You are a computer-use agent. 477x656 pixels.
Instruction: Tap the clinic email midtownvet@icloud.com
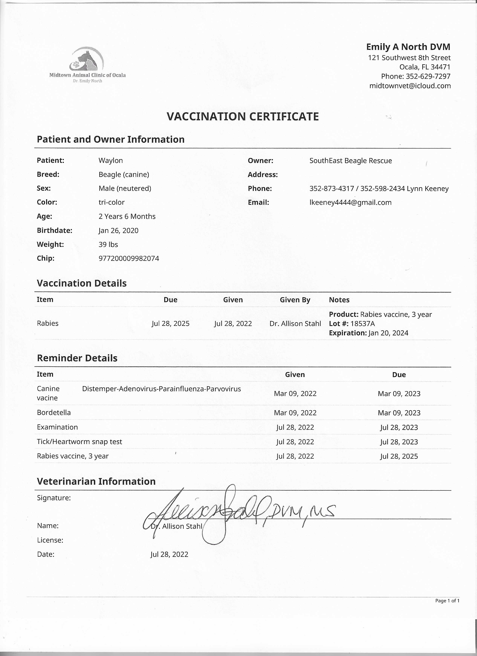coord(410,86)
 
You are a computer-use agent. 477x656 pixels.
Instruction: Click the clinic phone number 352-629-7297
coord(428,76)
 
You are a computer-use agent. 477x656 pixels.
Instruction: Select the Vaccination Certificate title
coord(243,117)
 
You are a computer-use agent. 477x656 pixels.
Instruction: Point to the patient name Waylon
coord(111,160)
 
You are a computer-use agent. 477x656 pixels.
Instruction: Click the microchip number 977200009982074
coord(129,258)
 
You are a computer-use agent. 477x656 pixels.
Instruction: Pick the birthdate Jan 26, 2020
coord(118,230)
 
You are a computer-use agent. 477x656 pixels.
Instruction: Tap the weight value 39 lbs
coord(108,244)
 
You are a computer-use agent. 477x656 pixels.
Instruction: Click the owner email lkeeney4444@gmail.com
coord(350,202)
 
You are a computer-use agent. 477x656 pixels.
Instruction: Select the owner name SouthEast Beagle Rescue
coord(351,161)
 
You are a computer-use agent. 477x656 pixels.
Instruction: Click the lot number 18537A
coord(363,324)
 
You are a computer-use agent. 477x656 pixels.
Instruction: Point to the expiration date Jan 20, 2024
coord(388,333)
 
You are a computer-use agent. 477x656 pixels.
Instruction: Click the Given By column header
coord(295,300)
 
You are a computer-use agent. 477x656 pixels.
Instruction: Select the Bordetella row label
coord(54,412)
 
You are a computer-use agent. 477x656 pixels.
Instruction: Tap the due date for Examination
coord(399,427)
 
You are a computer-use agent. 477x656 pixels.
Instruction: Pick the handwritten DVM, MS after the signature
coord(301,512)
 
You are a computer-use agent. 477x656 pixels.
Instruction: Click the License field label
coord(50,540)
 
